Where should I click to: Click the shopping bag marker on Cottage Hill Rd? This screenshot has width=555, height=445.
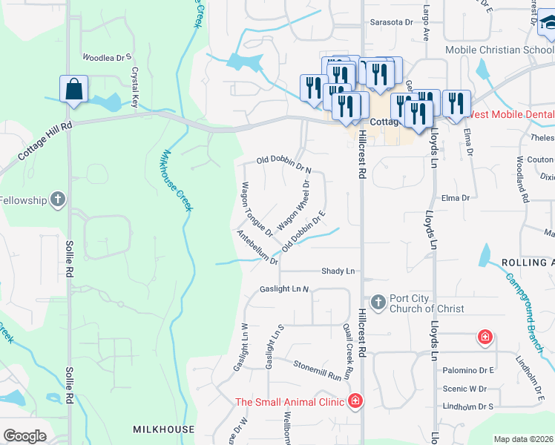75,89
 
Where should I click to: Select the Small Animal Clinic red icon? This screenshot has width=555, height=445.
355,401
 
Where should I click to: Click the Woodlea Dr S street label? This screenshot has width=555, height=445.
106,56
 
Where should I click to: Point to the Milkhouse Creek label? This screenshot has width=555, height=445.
177,181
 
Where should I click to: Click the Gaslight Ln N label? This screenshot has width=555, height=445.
284,289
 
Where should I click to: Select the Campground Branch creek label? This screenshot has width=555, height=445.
531,303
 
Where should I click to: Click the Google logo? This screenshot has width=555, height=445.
25,436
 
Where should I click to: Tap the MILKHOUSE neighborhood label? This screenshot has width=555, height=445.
163,429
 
